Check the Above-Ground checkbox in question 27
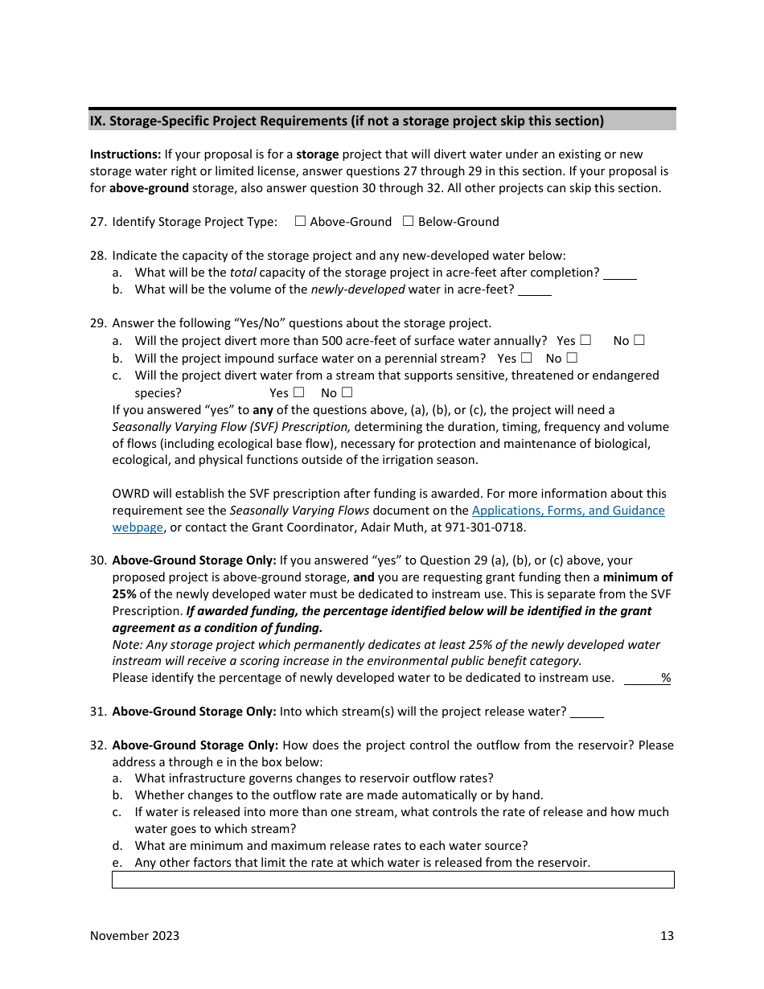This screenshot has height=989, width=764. [x=300, y=221]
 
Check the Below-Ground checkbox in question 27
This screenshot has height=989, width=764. [x=408, y=221]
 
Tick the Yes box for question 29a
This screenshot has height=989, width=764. [x=585, y=340]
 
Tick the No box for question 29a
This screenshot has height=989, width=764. [x=639, y=340]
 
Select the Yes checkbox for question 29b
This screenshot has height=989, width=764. [x=526, y=358]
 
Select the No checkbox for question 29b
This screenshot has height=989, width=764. [x=572, y=358]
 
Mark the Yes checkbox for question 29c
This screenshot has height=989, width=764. [x=298, y=392]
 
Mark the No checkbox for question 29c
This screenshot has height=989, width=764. [x=347, y=392]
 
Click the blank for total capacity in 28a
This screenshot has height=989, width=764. [x=619, y=273]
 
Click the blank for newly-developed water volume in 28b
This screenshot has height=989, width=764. [x=534, y=290]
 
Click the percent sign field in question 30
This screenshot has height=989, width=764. [x=648, y=678]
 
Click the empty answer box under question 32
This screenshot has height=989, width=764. [x=392, y=880]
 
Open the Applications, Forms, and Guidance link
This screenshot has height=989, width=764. [x=568, y=511]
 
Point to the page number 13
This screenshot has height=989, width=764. [x=667, y=935]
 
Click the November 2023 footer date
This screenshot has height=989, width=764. [x=134, y=935]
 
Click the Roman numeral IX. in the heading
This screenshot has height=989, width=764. [x=97, y=121]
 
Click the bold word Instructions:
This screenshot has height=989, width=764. [x=125, y=154]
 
